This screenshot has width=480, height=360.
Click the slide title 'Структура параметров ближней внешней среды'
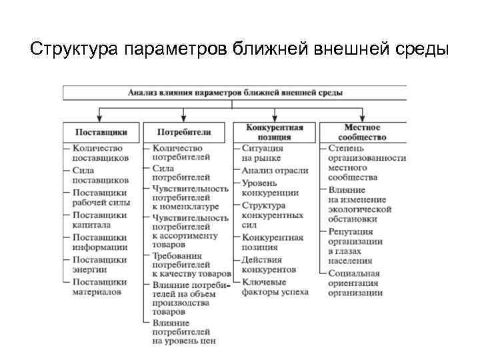[x=240, y=50]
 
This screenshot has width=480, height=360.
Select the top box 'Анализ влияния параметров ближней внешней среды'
[x=235, y=92]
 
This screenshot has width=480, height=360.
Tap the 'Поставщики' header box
[x=101, y=131]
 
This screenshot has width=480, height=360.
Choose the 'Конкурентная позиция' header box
[x=274, y=131]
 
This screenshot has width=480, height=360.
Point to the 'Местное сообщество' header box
[x=362, y=131]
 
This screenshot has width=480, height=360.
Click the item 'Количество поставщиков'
[x=100, y=153]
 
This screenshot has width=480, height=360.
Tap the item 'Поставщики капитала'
[x=99, y=220]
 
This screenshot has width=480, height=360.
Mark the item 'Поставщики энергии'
[x=99, y=265]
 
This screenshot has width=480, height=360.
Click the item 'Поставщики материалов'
[x=99, y=287]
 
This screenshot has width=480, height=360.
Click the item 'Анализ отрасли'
[x=275, y=171]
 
